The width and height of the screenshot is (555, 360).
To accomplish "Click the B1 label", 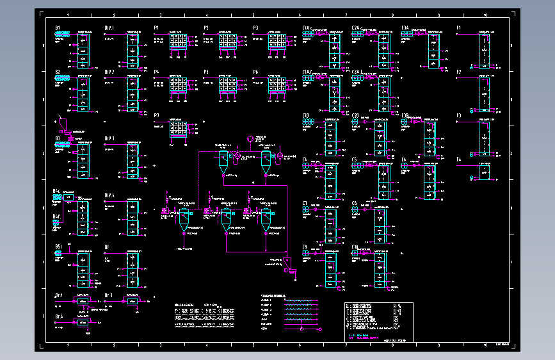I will (x=58, y=28).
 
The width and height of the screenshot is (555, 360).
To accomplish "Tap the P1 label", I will (x=156, y=28).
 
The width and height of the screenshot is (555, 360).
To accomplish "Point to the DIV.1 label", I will (x=109, y=28).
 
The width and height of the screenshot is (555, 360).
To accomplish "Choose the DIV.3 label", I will (x=109, y=138).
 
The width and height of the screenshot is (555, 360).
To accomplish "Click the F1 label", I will (x=458, y=28).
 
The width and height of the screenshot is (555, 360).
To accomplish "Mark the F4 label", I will (x=458, y=159).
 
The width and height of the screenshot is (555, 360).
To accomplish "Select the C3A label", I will (x=405, y=28).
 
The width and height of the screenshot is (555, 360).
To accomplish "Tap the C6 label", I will (x=404, y=159).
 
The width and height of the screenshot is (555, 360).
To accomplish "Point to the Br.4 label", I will (x=58, y=316).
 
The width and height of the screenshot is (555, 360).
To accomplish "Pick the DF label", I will (x=107, y=247).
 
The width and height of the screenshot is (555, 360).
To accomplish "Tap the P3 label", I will (x=255, y=28).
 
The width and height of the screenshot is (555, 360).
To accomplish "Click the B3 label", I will (x=58, y=138).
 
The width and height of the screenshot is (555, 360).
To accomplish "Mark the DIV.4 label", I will (x=109, y=195).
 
